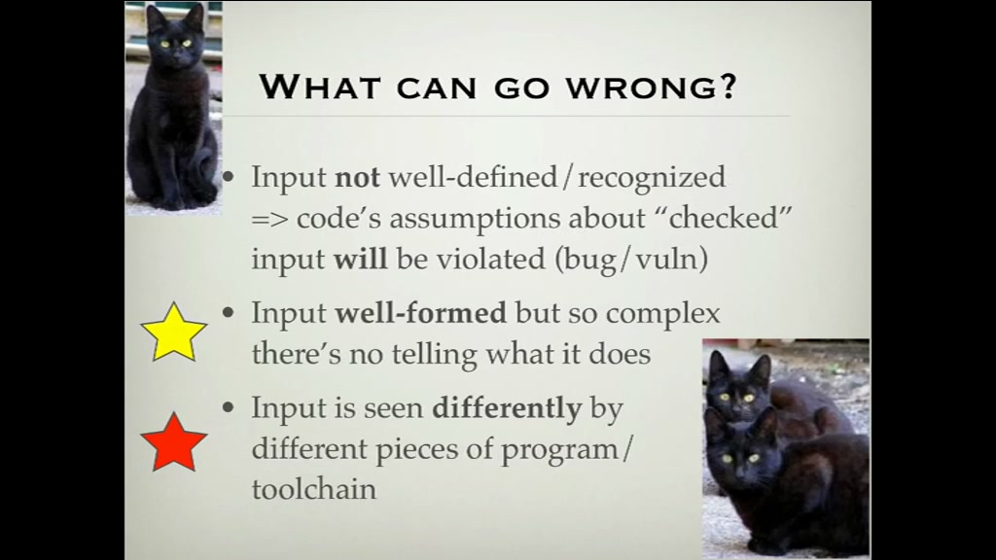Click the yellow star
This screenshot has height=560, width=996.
tap(174, 332)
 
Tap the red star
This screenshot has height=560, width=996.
tap(174, 442)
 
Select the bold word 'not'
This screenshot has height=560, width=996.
tap(357, 177)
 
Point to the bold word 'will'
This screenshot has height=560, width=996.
tap(360, 259)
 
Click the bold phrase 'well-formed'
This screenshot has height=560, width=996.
tap(420, 313)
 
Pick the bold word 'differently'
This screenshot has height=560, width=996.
tap(507, 408)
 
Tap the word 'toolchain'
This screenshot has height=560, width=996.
tap(314, 489)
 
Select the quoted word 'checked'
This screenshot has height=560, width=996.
tap(724, 218)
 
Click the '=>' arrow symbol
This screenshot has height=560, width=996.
tap(269, 220)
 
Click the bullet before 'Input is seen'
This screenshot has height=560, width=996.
tap(230, 407)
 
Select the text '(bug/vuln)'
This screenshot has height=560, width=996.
tap(631, 259)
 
